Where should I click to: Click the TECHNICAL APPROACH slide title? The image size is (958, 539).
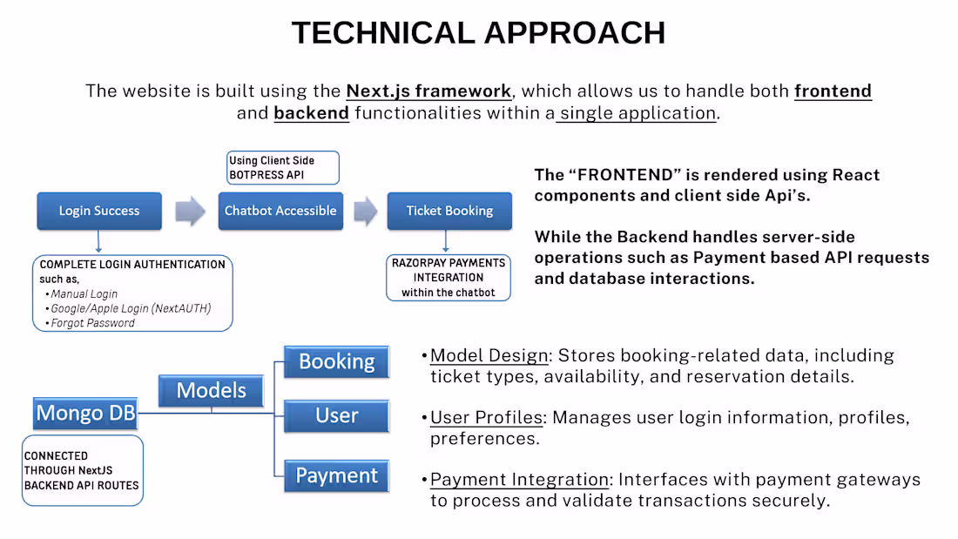pos(478,33)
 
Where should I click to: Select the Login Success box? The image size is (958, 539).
pos(99,211)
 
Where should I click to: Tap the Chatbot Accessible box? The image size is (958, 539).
pos(280,211)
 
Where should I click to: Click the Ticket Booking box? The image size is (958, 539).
pos(449,211)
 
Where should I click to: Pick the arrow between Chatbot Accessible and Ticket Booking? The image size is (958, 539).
pos(365,211)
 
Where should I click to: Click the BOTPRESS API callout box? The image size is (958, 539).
pos(282,167)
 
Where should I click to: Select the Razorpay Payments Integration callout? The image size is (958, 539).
pos(449,278)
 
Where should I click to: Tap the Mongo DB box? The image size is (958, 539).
pos(86,412)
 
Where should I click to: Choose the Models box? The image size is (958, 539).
pos(211,390)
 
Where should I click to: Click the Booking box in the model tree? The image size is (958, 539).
pos(336,361)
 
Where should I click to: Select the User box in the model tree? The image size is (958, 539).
pos(336,416)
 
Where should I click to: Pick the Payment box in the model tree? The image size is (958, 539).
pos(336,475)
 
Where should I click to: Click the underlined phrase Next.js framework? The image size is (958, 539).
pos(428,91)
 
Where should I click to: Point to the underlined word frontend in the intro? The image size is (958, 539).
pos(833,91)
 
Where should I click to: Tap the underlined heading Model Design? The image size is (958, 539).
pos(489,355)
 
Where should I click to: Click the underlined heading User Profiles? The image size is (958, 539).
pos(487,418)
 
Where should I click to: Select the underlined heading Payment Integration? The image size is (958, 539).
pos(519,480)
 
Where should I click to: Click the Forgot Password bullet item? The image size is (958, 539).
pos(92,323)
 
